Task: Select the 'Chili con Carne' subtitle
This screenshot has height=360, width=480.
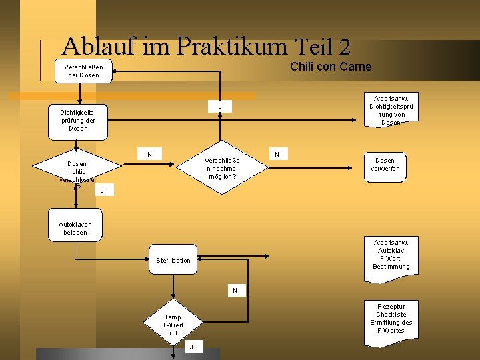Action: coord(331,66)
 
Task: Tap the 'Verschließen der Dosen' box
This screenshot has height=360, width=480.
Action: coord(82,71)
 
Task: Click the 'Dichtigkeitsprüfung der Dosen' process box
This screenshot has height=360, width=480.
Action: coord(78,120)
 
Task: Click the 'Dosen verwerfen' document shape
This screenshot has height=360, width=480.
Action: coord(385,164)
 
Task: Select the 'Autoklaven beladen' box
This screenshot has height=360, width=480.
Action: coord(75,228)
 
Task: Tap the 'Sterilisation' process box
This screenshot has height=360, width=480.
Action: coord(173,260)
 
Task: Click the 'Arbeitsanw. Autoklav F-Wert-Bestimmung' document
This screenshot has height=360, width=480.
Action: coord(391,254)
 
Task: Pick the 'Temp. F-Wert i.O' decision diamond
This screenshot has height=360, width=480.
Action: coord(173,323)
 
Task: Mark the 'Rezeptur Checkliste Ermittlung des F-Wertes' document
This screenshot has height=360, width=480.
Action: coord(391,318)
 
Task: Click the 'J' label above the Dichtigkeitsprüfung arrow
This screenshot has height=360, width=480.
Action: coord(220,107)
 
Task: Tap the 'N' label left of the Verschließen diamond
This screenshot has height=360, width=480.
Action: coord(149,154)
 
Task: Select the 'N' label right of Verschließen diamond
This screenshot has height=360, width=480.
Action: coord(277,154)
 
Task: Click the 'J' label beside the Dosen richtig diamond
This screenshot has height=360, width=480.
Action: coord(101,192)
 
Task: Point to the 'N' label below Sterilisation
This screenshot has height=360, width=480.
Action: coord(235,290)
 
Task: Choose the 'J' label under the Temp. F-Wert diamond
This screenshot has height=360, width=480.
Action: coord(192,347)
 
